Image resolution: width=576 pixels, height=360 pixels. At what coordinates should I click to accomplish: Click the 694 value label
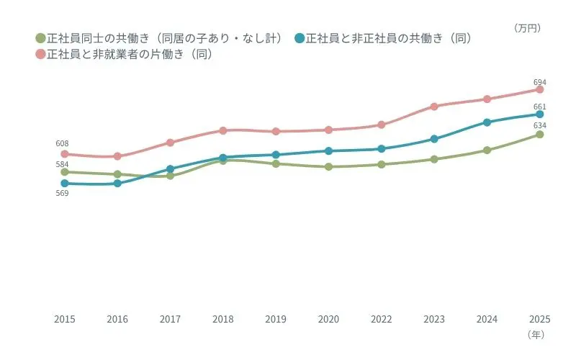tap(539, 82)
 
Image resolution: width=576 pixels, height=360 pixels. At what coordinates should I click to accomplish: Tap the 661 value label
tap(539, 107)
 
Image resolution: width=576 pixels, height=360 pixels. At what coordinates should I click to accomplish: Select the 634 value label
tap(539, 125)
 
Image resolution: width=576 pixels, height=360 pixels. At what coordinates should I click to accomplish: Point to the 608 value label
tap(63, 144)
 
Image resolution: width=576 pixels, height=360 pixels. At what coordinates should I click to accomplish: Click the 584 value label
tap(63, 164)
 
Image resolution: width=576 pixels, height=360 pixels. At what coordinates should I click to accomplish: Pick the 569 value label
tap(63, 193)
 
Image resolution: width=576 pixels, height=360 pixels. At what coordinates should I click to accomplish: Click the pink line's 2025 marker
tap(539, 89)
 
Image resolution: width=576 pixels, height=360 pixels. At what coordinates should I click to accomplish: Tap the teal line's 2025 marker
tap(539, 114)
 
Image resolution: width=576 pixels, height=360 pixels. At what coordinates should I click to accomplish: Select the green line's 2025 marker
tap(539, 135)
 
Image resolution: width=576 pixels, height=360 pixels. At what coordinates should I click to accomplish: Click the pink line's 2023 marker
tap(434, 107)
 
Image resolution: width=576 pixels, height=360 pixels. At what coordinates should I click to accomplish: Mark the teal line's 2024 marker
tap(487, 122)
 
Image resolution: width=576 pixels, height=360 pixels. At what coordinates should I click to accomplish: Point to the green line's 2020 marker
tap(328, 167)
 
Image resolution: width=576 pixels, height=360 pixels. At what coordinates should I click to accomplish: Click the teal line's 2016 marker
tap(117, 184)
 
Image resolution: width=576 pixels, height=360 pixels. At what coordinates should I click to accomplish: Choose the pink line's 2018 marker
tap(223, 130)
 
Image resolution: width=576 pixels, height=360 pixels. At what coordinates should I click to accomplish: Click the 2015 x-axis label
tap(65, 319)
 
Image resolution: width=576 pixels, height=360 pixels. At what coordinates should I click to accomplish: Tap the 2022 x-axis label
tap(382, 319)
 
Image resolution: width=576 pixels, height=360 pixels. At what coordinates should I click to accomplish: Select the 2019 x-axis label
tap(276, 319)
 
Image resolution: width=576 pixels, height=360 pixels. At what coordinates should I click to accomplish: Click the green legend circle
tap(40, 38)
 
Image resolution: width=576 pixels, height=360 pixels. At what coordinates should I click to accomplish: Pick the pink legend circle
tap(40, 54)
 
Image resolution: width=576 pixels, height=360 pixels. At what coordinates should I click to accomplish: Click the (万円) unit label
tap(527, 28)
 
